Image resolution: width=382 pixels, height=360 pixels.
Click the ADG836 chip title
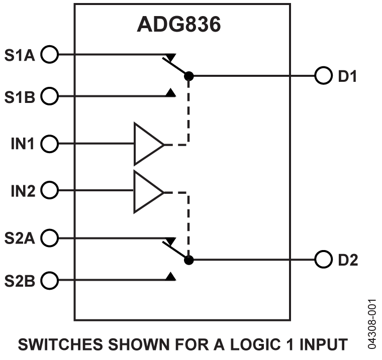coord(179,25)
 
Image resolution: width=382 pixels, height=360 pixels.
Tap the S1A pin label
coord(20,54)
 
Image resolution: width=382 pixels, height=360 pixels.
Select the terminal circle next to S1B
coord(49,96)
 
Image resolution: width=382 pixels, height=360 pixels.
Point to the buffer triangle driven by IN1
coord(147,144)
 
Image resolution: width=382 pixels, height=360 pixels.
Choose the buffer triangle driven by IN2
coord(147,191)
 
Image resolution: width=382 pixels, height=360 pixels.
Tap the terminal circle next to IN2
coord(49,191)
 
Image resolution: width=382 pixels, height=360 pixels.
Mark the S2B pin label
coord(20,280)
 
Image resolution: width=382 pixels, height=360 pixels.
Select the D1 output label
coord(347,77)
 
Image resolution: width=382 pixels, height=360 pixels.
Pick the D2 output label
coord(347,261)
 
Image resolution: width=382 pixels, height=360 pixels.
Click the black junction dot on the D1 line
coord(188,76)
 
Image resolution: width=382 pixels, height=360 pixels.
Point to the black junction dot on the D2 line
coord(188,260)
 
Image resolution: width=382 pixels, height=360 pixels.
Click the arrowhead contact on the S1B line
coord(171,93)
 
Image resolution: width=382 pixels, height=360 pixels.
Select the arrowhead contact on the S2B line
coord(171,276)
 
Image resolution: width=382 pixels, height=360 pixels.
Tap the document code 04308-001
coord(372,324)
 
